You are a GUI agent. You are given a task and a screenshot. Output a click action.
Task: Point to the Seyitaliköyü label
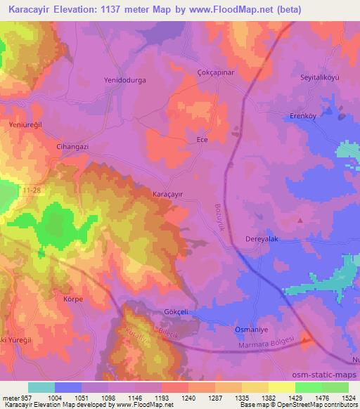pos(320,77)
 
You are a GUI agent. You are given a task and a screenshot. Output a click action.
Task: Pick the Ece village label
pos(202,140)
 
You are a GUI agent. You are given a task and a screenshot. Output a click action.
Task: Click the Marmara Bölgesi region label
pos(273,344)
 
